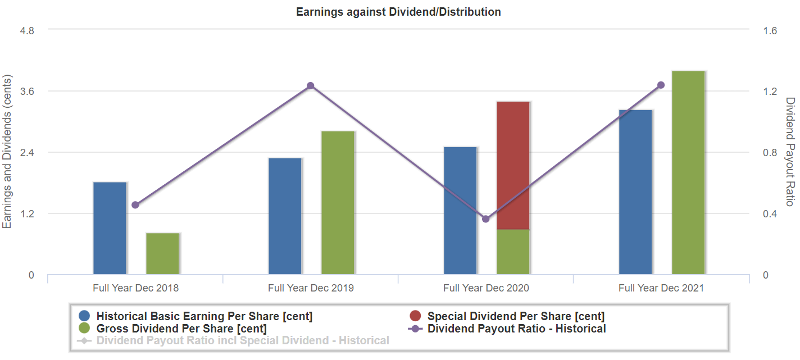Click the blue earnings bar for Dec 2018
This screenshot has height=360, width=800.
(x=110, y=228)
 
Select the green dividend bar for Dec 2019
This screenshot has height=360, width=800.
(x=338, y=203)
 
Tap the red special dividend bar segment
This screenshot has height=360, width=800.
(x=513, y=165)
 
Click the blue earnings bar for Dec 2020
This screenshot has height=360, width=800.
(x=461, y=211)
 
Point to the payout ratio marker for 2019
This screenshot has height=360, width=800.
(x=311, y=86)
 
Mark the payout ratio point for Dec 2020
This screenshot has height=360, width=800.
(x=486, y=219)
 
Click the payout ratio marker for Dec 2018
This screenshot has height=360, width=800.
(x=135, y=205)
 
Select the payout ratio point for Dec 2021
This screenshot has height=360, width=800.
(x=661, y=85)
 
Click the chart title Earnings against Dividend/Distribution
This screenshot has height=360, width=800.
(x=399, y=12)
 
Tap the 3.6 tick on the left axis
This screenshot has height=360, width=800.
(x=27, y=92)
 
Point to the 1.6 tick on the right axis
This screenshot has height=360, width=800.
(x=770, y=30)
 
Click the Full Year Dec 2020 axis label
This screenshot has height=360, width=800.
(x=486, y=288)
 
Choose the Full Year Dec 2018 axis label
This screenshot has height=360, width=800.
(x=135, y=288)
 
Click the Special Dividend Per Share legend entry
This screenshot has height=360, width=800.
(x=516, y=316)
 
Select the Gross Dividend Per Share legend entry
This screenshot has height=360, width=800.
(x=181, y=329)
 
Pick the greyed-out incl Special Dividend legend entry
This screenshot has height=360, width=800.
(x=242, y=340)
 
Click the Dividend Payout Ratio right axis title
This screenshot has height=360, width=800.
(x=790, y=152)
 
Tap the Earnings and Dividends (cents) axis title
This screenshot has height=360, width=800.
(x=7, y=152)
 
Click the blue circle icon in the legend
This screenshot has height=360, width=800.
(x=85, y=316)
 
